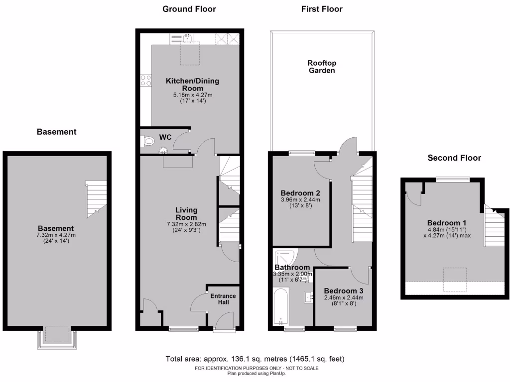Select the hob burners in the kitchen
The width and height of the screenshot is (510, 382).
click(x=146, y=81)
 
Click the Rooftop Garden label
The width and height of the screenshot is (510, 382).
click(x=321, y=67)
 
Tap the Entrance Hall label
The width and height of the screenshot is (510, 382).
click(x=223, y=299)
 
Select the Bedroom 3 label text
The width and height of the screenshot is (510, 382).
click(x=343, y=291)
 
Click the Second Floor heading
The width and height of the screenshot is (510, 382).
click(x=454, y=158)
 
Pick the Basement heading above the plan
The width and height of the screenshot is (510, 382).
click(x=57, y=132)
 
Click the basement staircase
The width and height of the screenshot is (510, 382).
click(x=96, y=199)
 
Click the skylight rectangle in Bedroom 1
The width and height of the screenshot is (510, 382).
click(x=455, y=279)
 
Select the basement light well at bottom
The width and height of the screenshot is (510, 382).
click(x=57, y=336)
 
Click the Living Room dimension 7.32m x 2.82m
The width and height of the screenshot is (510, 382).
click(x=186, y=224)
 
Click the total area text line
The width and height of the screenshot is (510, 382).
click(x=255, y=359)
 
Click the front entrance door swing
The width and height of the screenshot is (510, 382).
click(x=224, y=320)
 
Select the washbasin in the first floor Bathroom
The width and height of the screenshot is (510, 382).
click(x=307, y=297)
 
